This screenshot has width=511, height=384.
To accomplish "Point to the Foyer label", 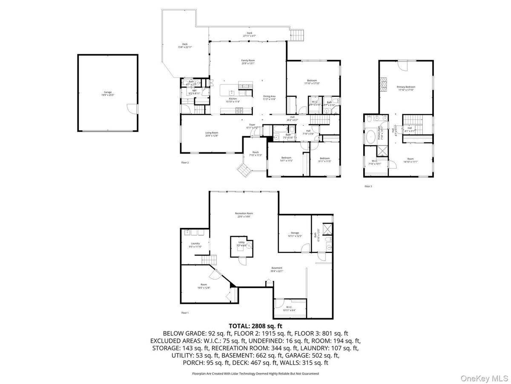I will pyautogui.click(x=253, y=126).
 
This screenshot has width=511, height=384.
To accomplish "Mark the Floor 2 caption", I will pyautogui.click(x=185, y=163).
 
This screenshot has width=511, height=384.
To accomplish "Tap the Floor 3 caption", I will pyautogui.click(x=368, y=186).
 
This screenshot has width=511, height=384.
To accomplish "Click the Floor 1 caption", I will pyautogui.click(x=185, y=313).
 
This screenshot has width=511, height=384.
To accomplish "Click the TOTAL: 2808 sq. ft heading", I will pyautogui.click(x=255, y=326).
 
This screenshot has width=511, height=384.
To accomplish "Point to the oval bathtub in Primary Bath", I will pyautogui.click(x=370, y=137).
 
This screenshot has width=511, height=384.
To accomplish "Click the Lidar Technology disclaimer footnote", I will pyautogui.click(x=255, y=373).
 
